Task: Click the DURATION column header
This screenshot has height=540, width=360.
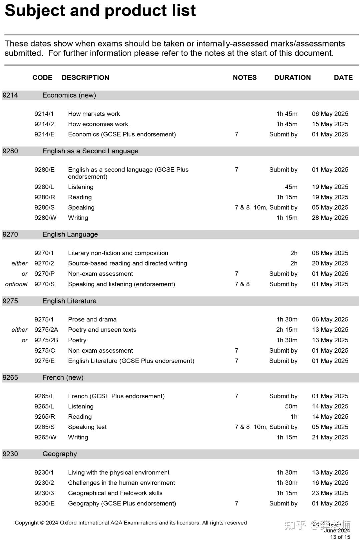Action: click(292, 78)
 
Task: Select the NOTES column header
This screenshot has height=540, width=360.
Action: click(245, 78)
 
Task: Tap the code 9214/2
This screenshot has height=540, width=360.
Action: click(44, 124)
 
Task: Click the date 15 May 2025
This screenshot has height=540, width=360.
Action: click(330, 124)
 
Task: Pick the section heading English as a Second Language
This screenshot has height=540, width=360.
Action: click(90, 151)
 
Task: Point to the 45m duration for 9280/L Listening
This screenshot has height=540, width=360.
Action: click(291, 187)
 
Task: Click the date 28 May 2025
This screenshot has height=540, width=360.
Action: click(330, 218)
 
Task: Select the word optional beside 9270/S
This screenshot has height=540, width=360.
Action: click(16, 284)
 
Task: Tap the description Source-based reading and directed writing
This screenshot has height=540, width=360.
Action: click(127, 263)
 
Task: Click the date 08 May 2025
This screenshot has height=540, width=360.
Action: click(330, 253)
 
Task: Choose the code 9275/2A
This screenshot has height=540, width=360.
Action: click(46, 330)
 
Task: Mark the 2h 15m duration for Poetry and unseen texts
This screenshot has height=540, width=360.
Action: click(287, 330)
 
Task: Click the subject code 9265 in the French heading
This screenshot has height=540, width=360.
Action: click(10, 378)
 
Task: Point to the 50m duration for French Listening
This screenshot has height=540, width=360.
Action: click(291, 406)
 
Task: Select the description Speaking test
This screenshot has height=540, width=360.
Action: click(87, 427)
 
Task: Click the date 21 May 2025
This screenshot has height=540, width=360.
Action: click(330, 437)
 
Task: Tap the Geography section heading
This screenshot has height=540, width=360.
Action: click(60, 454)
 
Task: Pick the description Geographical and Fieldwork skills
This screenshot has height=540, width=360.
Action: click(115, 493)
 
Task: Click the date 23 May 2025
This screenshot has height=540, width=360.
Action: click(330, 493)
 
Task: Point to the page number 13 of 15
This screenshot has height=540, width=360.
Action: click(340, 537)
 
